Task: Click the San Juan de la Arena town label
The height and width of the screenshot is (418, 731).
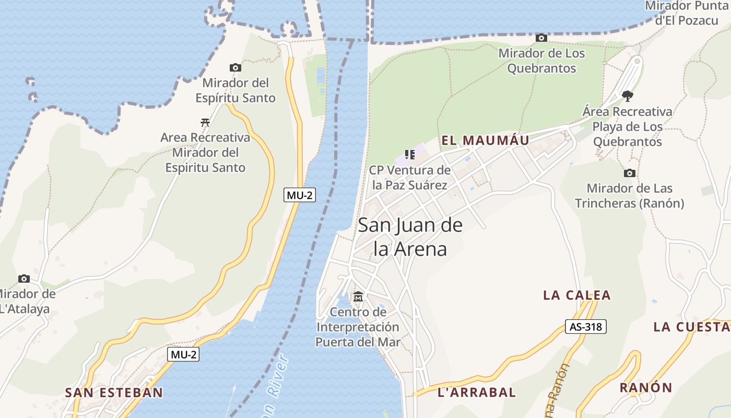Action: point(410,237)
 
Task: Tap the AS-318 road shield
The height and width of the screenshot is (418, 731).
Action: point(585,327)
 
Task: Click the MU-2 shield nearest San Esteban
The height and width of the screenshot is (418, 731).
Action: point(183,354)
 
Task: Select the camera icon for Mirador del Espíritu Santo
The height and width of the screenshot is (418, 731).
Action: point(235,67)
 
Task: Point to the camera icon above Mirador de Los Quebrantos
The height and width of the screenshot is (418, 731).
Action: point(541,38)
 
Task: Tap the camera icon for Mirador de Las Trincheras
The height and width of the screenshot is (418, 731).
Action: point(630,173)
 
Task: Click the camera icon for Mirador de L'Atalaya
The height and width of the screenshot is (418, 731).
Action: point(24,278)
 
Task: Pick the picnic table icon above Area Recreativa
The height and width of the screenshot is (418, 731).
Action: point(205,123)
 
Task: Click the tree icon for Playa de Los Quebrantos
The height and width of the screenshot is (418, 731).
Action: point(628,96)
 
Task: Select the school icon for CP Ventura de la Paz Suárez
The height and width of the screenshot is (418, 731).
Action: point(410,155)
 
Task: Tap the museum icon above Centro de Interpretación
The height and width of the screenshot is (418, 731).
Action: point(358,297)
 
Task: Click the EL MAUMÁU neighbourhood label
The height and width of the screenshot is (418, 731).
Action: point(485,140)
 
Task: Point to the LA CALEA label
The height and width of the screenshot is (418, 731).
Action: point(576,295)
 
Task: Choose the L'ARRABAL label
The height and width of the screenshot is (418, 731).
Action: point(476,392)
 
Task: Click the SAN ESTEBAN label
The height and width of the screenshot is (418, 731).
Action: point(114,392)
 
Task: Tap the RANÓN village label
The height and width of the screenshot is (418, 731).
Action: point(645,388)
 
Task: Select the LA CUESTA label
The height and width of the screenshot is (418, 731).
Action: point(691,327)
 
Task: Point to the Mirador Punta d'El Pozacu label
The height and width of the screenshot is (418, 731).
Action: point(687,13)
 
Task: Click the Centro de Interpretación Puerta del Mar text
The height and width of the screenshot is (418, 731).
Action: point(358,327)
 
